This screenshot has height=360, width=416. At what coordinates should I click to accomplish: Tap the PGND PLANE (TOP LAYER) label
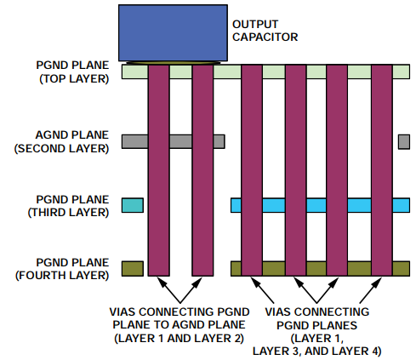point(73,71)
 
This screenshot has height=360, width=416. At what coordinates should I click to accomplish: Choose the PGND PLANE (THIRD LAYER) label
point(71,204)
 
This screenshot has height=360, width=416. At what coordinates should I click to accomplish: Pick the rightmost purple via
point(380,170)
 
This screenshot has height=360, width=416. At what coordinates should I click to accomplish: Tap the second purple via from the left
point(202,170)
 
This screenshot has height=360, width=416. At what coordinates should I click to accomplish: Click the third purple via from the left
point(251,170)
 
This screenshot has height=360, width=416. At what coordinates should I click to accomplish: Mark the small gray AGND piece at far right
point(403,141)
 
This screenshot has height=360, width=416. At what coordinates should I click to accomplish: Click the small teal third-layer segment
point(133,205)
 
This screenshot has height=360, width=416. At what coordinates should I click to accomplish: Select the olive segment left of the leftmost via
point(133,269)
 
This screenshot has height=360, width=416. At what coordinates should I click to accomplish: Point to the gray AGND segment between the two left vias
point(180,141)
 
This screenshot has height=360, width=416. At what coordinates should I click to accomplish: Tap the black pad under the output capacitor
point(174,64)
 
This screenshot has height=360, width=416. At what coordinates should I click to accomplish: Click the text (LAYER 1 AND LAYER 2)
point(180,339)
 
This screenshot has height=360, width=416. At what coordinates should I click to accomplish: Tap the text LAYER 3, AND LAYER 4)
point(324,351)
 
